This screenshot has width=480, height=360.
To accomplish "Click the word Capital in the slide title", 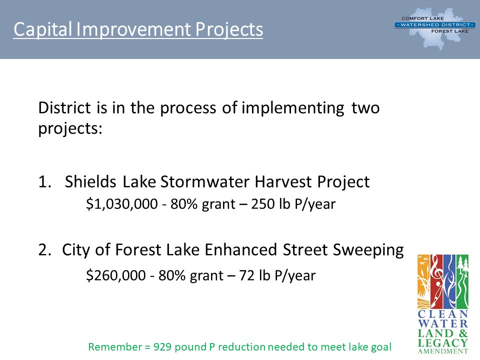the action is click(x=42, y=29).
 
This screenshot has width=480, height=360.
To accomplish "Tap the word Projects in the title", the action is click(x=229, y=30).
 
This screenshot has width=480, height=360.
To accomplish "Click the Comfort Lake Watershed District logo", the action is click(x=435, y=28).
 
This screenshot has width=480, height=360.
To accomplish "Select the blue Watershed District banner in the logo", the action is click(x=435, y=25).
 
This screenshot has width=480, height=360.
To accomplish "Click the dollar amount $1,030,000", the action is click(x=121, y=204).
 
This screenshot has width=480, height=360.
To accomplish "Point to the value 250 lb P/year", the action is click(x=293, y=204).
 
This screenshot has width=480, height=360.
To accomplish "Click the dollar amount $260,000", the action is click(x=115, y=275).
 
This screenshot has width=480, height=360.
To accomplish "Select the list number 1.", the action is click(x=44, y=181).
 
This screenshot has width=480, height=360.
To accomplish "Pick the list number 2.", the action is click(x=44, y=250).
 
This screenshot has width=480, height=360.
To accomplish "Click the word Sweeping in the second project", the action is click(x=368, y=250).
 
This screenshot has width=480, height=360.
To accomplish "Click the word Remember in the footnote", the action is click(x=115, y=347).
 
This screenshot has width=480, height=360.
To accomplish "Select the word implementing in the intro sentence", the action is click(x=293, y=108).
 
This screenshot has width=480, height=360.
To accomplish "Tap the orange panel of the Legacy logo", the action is click(x=423, y=281).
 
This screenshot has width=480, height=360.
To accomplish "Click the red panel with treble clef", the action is click(x=436, y=281).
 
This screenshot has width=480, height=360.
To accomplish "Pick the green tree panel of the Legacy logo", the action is click(x=462, y=281).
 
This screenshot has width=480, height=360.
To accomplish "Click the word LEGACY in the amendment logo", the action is click(x=443, y=342).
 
